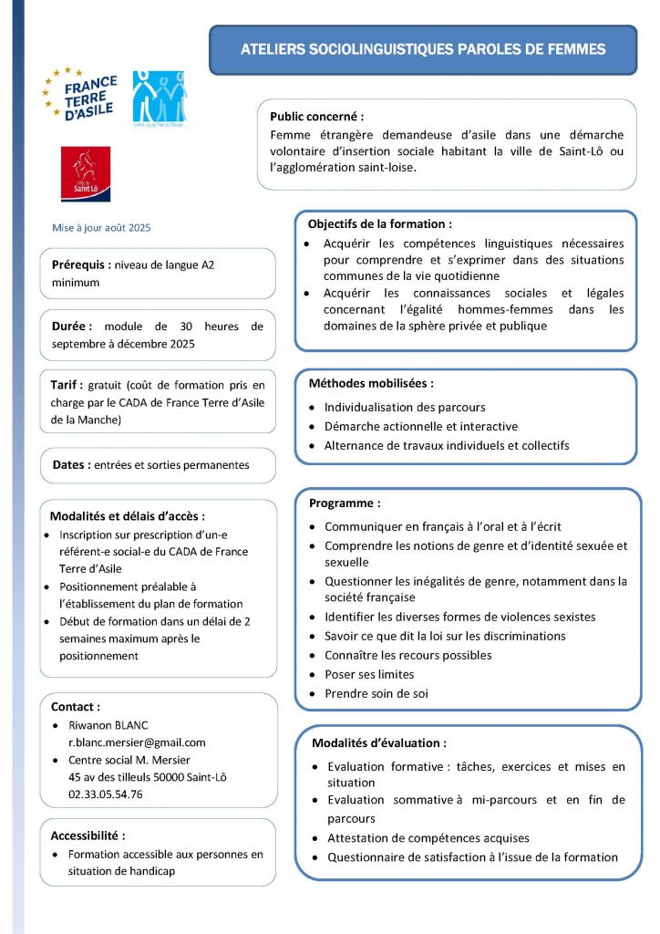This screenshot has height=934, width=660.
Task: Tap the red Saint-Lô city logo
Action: click(85, 173)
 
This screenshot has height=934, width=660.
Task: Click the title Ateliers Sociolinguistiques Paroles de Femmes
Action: click(423, 49)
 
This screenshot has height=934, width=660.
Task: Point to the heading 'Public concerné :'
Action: click(316, 117)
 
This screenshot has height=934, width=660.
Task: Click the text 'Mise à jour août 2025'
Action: click(101, 227)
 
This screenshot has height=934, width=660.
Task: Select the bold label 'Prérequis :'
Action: click(80, 265)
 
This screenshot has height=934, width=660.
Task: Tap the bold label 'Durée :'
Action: click(72, 326)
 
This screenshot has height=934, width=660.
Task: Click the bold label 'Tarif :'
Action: click(67, 385)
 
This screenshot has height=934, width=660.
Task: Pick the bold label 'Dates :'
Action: click(69, 464)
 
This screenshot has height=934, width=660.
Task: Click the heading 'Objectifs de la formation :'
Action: click(379, 223)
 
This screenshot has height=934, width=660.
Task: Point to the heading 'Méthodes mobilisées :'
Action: click(371, 383)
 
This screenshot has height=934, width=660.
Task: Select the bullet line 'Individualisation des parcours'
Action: click(405, 407)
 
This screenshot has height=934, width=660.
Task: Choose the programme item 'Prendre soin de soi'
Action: click(376, 693)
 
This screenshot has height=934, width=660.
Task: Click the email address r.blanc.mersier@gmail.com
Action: click(137, 742)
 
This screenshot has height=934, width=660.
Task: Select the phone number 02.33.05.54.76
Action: click(105, 794)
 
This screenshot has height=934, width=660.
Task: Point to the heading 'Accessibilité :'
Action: click(88, 835)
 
